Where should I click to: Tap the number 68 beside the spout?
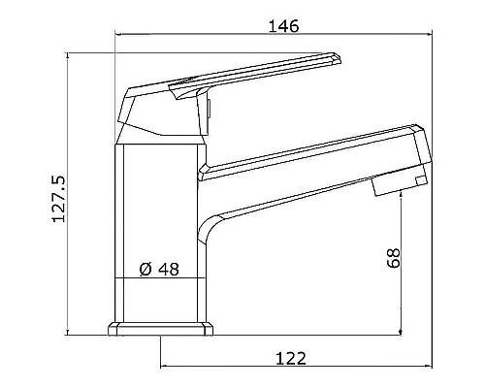(x=392, y=260)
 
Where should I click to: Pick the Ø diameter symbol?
(x=145, y=270)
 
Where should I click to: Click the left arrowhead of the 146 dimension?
(x=119, y=38)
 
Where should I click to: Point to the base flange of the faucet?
(x=160, y=331)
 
